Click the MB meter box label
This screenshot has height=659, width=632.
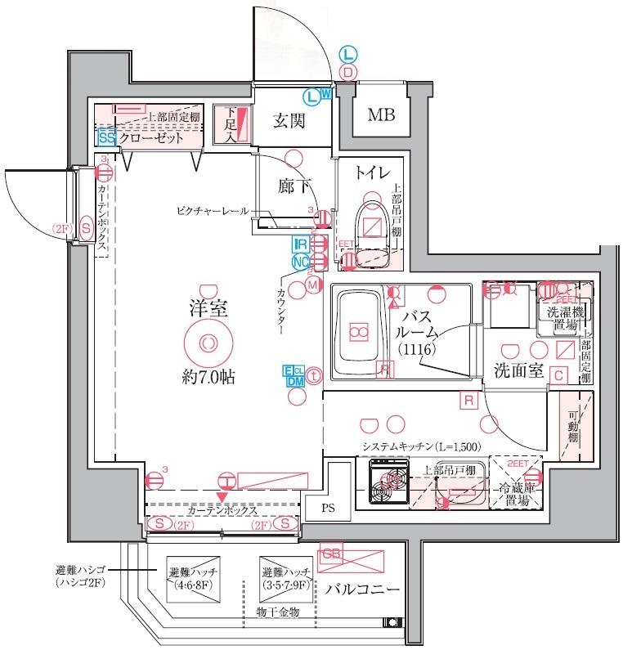(x=380, y=115)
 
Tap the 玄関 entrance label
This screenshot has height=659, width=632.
(x=289, y=121)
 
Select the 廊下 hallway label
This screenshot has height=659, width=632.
(x=294, y=186)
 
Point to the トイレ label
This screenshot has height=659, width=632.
(x=372, y=172)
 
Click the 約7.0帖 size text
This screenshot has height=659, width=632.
(x=208, y=379)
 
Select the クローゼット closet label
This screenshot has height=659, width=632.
(x=153, y=138)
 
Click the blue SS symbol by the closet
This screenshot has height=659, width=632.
(x=106, y=137)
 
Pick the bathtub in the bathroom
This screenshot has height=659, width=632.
(x=358, y=331)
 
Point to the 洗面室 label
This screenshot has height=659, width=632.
(x=518, y=370)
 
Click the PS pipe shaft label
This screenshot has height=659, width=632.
(x=328, y=508)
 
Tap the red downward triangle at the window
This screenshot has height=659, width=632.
(x=222, y=495)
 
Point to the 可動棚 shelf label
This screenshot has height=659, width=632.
(x=576, y=424)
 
